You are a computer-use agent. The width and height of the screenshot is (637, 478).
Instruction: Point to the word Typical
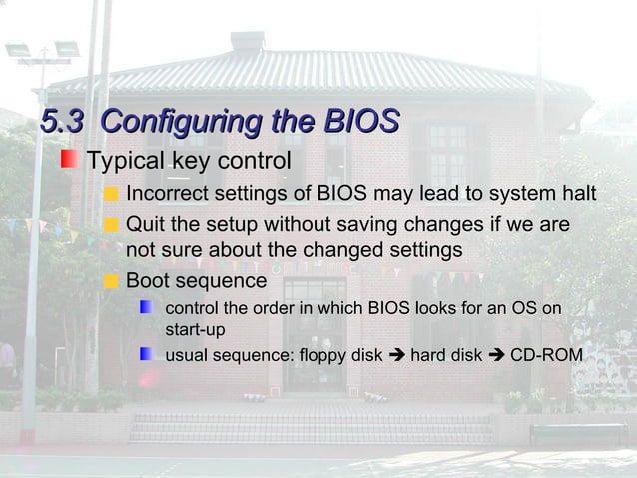pyautogui.click(x=126, y=161)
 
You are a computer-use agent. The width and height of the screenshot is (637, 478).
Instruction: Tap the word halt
pyautogui.click(x=576, y=193)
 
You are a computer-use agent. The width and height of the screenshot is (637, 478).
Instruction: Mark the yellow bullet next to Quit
pyautogui.click(x=111, y=222)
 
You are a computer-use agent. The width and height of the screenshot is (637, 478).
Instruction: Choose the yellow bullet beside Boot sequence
pyautogui.click(x=111, y=281)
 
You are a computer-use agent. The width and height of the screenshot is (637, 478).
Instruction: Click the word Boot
pyautogui.click(x=148, y=280)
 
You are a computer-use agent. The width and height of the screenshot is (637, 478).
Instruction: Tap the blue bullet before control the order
pyautogui.click(x=147, y=307)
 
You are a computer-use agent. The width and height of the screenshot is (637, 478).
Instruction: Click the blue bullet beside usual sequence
pyautogui.click(x=147, y=354)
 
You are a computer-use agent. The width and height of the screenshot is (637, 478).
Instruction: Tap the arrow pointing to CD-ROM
pyautogui.click(x=495, y=355)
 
